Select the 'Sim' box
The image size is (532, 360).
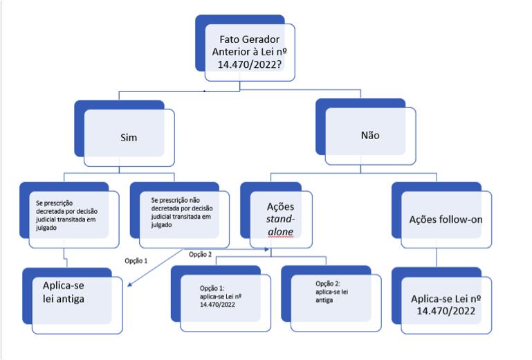[129, 137]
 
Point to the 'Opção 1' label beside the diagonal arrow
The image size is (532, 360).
[136, 261]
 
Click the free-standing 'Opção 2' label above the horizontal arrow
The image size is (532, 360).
[201, 254]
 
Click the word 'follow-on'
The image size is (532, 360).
[462, 219]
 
